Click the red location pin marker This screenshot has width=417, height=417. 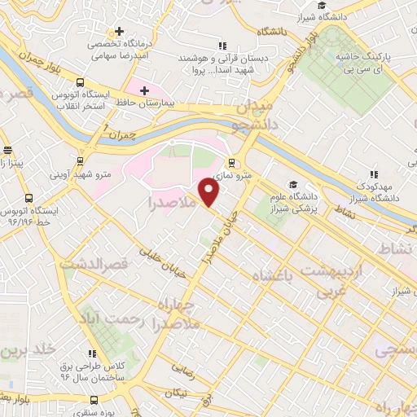(x=209, y=192)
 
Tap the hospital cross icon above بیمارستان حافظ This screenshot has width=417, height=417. (x=144, y=90)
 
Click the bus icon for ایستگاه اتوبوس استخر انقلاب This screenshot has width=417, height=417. (x=80, y=82)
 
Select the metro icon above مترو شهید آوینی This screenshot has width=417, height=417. (x=80, y=160)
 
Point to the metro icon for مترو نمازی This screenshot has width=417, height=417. (x=232, y=162)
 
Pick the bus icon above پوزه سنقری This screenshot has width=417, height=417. (x=95, y=400)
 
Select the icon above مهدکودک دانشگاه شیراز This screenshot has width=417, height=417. (x=375, y=173)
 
